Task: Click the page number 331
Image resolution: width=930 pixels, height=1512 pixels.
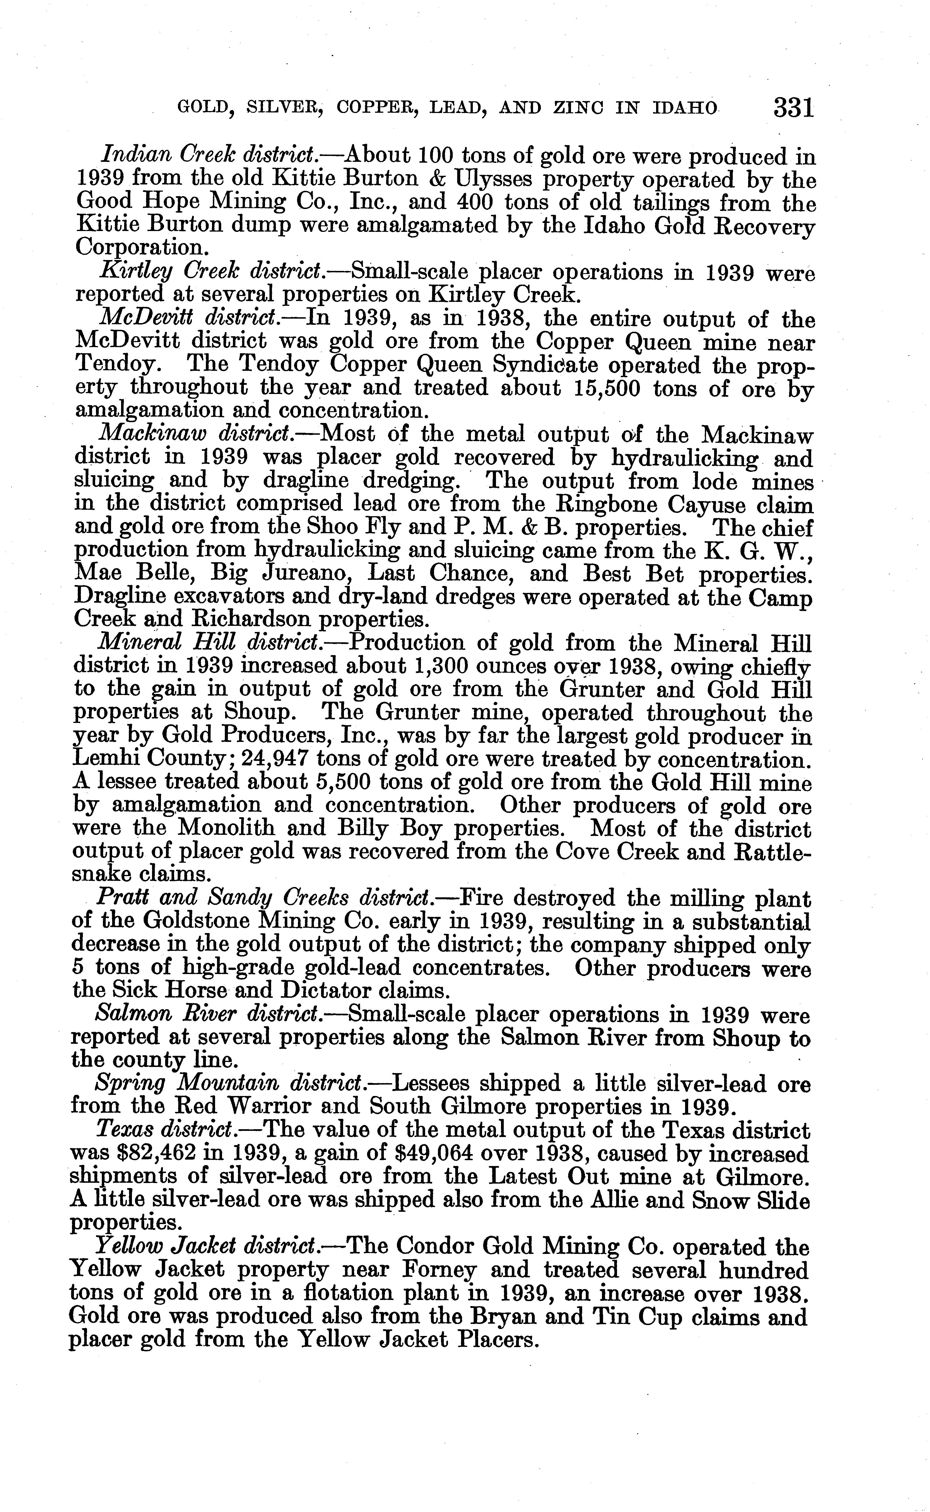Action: (x=794, y=108)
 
